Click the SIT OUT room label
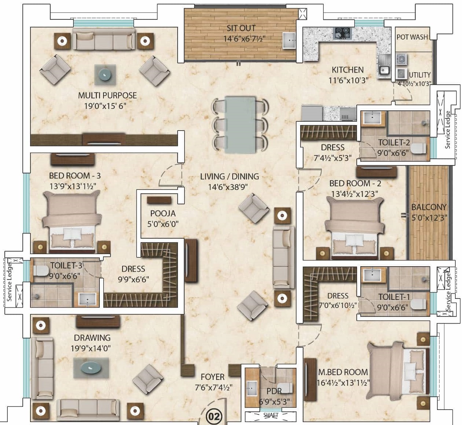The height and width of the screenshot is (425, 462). coord(241,28)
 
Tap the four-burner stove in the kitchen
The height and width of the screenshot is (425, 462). coord(343,33)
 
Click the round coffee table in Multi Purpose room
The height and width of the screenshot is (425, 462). coord(105,75)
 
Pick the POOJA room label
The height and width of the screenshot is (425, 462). coord(163,213)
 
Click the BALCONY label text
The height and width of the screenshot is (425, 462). coord(429,207)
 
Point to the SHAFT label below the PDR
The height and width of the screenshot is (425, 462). coord(271,415)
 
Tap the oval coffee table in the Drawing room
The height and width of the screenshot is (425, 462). coord(91,368)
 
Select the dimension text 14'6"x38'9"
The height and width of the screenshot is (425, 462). coord(228,187)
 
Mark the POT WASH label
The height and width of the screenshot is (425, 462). coord(412,37)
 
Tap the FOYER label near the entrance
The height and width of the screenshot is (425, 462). coord(212,377)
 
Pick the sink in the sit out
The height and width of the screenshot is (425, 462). coord(289,41)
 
